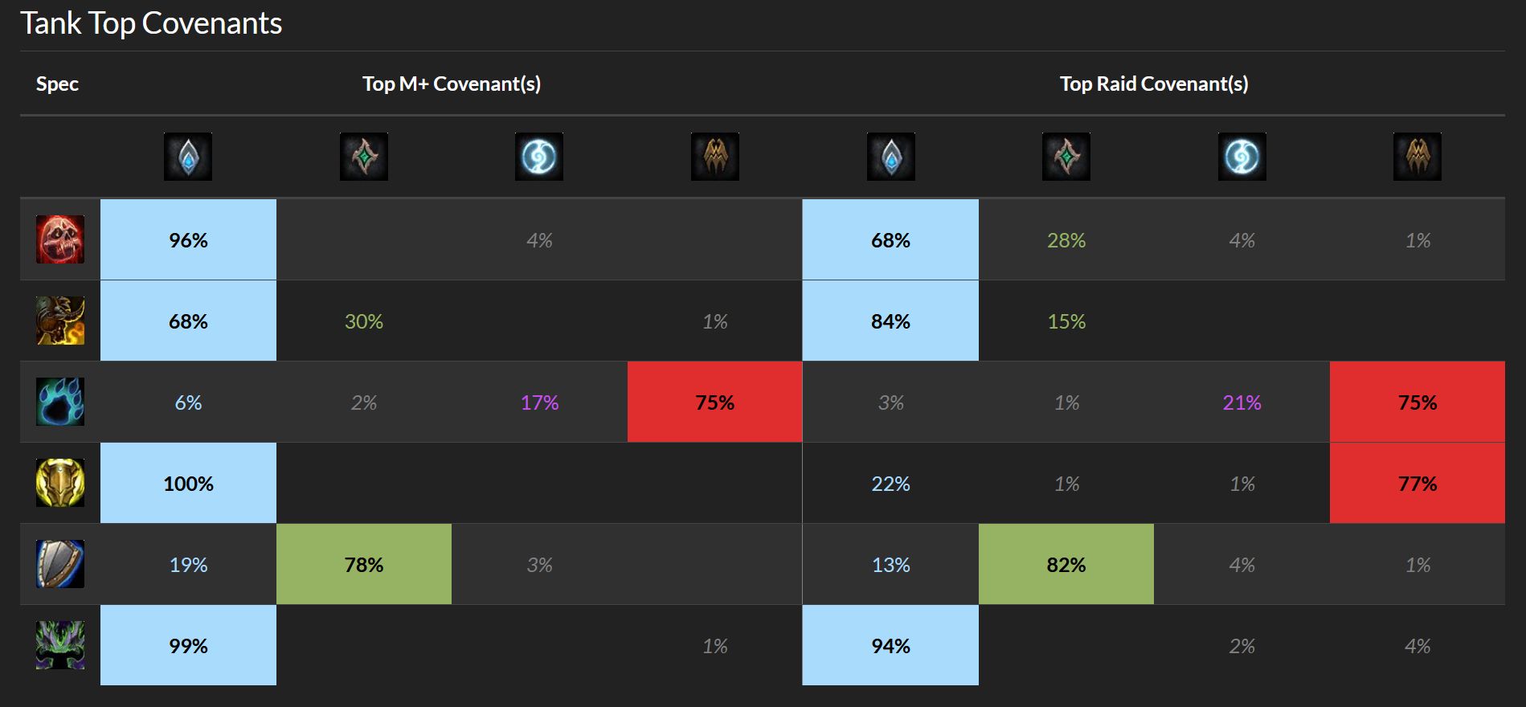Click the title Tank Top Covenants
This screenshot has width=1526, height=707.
[x=151, y=23]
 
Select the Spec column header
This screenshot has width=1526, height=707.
[x=57, y=84]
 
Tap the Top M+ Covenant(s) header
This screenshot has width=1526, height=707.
[x=451, y=84]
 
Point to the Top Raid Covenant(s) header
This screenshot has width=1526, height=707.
[x=1153, y=84]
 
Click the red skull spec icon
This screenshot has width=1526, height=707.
[x=60, y=239]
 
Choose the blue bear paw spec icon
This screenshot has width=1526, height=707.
[x=60, y=402]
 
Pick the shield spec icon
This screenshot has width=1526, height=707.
[x=60, y=564]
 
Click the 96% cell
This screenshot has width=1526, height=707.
[x=188, y=239]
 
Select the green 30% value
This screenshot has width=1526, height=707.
[x=363, y=321]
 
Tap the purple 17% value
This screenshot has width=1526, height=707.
[x=539, y=403]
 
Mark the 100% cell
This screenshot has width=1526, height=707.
[x=188, y=484]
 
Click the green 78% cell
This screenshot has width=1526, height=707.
[x=363, y=565]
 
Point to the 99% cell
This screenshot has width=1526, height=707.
[x=188, y=646]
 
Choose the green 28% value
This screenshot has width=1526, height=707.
[x=1066, y=240]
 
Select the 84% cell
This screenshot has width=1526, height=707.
[x=890, y=321]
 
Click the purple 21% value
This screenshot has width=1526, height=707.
[x=1242, y=403]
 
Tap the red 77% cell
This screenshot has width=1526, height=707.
[x=1417, y=484]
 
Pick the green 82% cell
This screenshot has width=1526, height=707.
[x=1066, y=565]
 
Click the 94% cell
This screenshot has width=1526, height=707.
[x=890, y=646]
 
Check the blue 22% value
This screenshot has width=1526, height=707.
[x=890, y=484]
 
